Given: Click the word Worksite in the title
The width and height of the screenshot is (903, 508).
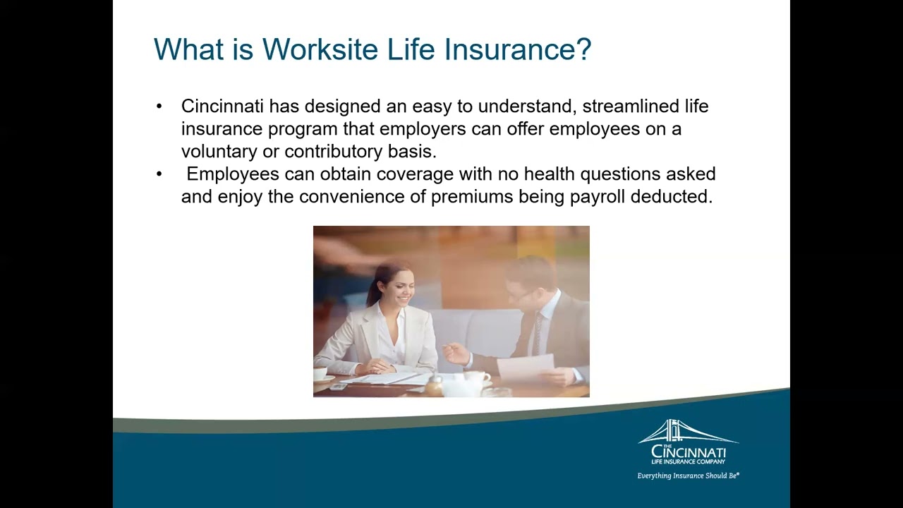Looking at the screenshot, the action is (x=320, y=49).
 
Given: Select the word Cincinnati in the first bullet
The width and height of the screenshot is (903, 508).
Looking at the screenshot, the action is (x=222, y=106).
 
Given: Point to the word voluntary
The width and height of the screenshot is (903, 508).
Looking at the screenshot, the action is (x=219, y=152).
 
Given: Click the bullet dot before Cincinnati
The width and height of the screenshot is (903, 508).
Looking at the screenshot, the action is (x=159, y=107).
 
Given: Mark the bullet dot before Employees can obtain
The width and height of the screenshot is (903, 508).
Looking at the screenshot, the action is (x=159, y=174).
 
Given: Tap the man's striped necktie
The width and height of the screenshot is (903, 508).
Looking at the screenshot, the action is (x=538, y=333).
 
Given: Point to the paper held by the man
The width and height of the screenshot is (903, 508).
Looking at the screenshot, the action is (x=526, y=368).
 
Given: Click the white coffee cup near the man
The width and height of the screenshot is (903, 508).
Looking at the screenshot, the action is (x=478, y=377).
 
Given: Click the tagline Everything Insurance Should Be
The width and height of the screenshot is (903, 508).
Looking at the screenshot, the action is (x=688, y=476).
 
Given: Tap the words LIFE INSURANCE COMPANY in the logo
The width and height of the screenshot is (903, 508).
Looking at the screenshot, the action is (x=688, y=461).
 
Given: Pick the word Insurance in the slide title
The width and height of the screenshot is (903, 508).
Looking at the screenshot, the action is (x=509, y=49).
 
